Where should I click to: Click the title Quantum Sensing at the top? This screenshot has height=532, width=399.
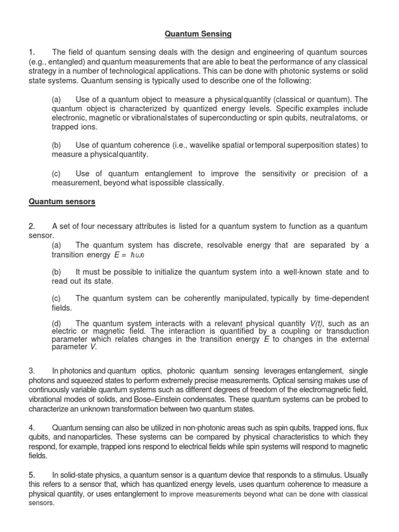[x=198, y=34]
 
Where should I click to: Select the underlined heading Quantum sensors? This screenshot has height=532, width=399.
[x=62, y=202]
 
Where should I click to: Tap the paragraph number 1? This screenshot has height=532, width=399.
[x=32, y=52]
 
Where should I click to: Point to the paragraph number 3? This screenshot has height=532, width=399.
[x=32, y=370]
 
